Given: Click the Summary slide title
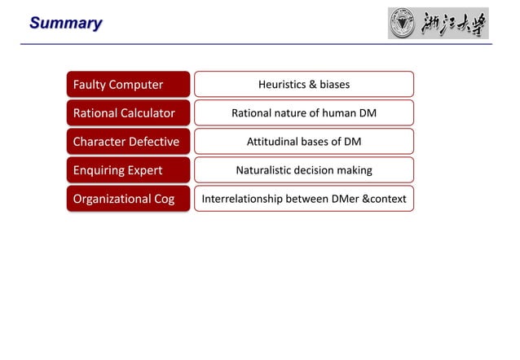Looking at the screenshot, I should click(x=66, y=23).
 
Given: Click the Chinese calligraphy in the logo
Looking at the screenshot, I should click(x=453, y=24).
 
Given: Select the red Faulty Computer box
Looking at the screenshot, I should click(x=128, y=85).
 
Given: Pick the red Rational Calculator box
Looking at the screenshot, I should click(x=128, y=113).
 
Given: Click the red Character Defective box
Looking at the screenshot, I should click(x=128, y=142).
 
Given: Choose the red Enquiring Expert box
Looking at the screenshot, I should click(x=128, y=170).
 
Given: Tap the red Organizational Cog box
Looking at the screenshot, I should click(x=128, y=199).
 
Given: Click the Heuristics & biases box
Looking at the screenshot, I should click(x=303, y=85).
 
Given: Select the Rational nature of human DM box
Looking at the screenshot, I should click(x=303, y=113).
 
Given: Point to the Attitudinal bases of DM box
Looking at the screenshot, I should click(x=303, y=142).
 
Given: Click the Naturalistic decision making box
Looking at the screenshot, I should click(x=303, y=170).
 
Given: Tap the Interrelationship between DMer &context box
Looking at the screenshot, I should click(x=303, y=199).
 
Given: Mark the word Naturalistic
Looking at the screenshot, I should click(x=264, y=170).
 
